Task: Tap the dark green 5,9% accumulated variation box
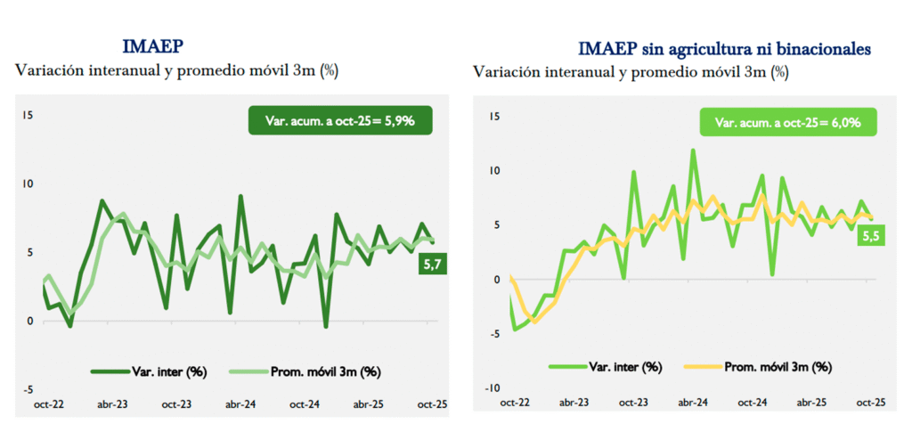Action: click(x=340, y=120)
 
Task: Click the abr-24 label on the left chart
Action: click(x=240, y=404)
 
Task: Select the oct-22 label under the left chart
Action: click(x=48, y=404)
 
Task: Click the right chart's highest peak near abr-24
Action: click(x=693, y=151)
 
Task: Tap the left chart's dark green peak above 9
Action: click(x=240, y=196)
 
